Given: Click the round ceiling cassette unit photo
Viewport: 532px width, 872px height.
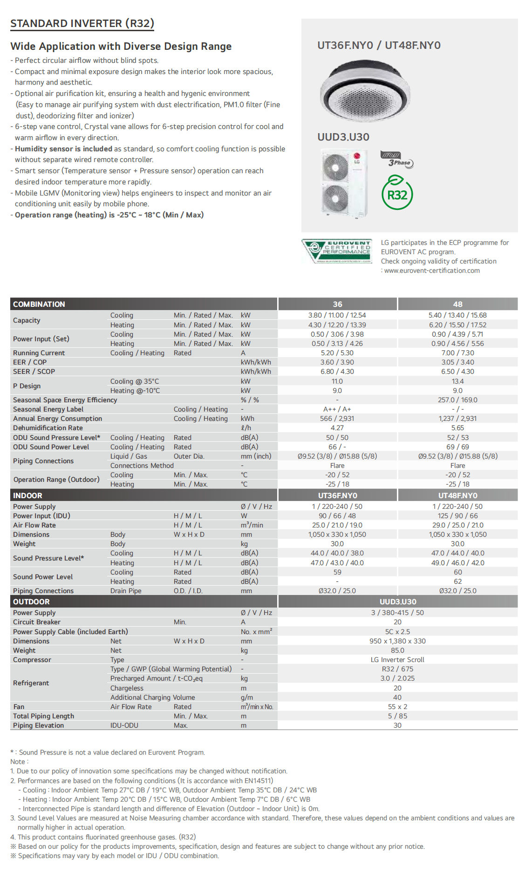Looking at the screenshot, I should (365, 91).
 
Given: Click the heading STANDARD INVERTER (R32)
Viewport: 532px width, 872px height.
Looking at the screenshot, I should (82, 24).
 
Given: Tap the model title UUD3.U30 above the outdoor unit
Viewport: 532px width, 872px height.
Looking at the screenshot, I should (343, 137).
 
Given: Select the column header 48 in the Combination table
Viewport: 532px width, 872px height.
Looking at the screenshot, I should (457, 304).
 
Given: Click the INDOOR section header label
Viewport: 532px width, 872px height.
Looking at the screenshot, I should (27, 495).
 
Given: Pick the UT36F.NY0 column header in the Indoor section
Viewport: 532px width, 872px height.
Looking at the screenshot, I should (337, 495).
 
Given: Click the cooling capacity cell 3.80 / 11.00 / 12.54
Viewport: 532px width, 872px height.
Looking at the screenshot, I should (337, 315).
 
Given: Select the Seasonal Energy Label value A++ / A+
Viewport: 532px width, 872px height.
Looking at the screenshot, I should (337, 409).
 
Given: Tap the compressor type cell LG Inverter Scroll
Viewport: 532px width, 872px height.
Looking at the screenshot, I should (397, 660).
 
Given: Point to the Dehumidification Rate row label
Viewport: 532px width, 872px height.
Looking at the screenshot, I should (48, 428).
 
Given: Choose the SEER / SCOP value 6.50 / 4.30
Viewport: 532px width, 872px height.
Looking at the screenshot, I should (457, 372).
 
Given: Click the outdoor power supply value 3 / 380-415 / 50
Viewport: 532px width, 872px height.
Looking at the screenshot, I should (397, 613).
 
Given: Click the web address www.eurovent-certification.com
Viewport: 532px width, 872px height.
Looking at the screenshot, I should (432, 270).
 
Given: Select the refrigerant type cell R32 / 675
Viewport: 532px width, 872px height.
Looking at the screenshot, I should (397, 669).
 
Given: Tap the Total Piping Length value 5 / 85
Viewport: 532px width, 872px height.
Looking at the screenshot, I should (397, 716).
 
